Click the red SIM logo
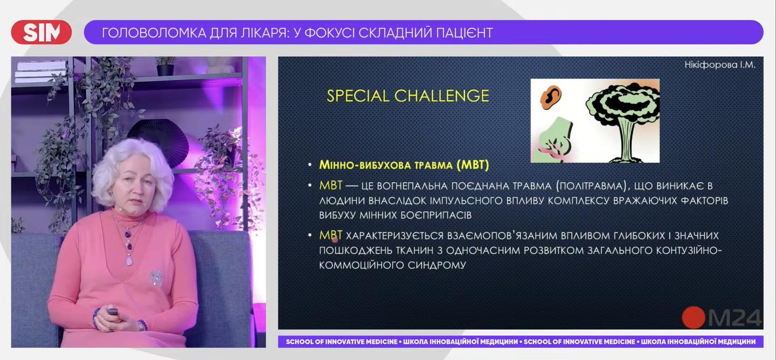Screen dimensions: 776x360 (41, 32)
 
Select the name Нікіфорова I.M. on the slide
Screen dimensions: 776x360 (720, 65)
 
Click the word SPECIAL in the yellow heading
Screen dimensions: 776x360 (358, 96)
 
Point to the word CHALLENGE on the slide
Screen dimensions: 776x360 (442, 96)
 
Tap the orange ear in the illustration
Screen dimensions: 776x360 (550, 98)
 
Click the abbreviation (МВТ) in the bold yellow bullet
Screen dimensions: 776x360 (473, 165)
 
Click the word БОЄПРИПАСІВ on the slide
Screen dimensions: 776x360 (436, 215)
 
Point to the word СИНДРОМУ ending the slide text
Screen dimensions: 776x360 (437, 265)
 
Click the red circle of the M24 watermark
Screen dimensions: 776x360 (693, 317)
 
